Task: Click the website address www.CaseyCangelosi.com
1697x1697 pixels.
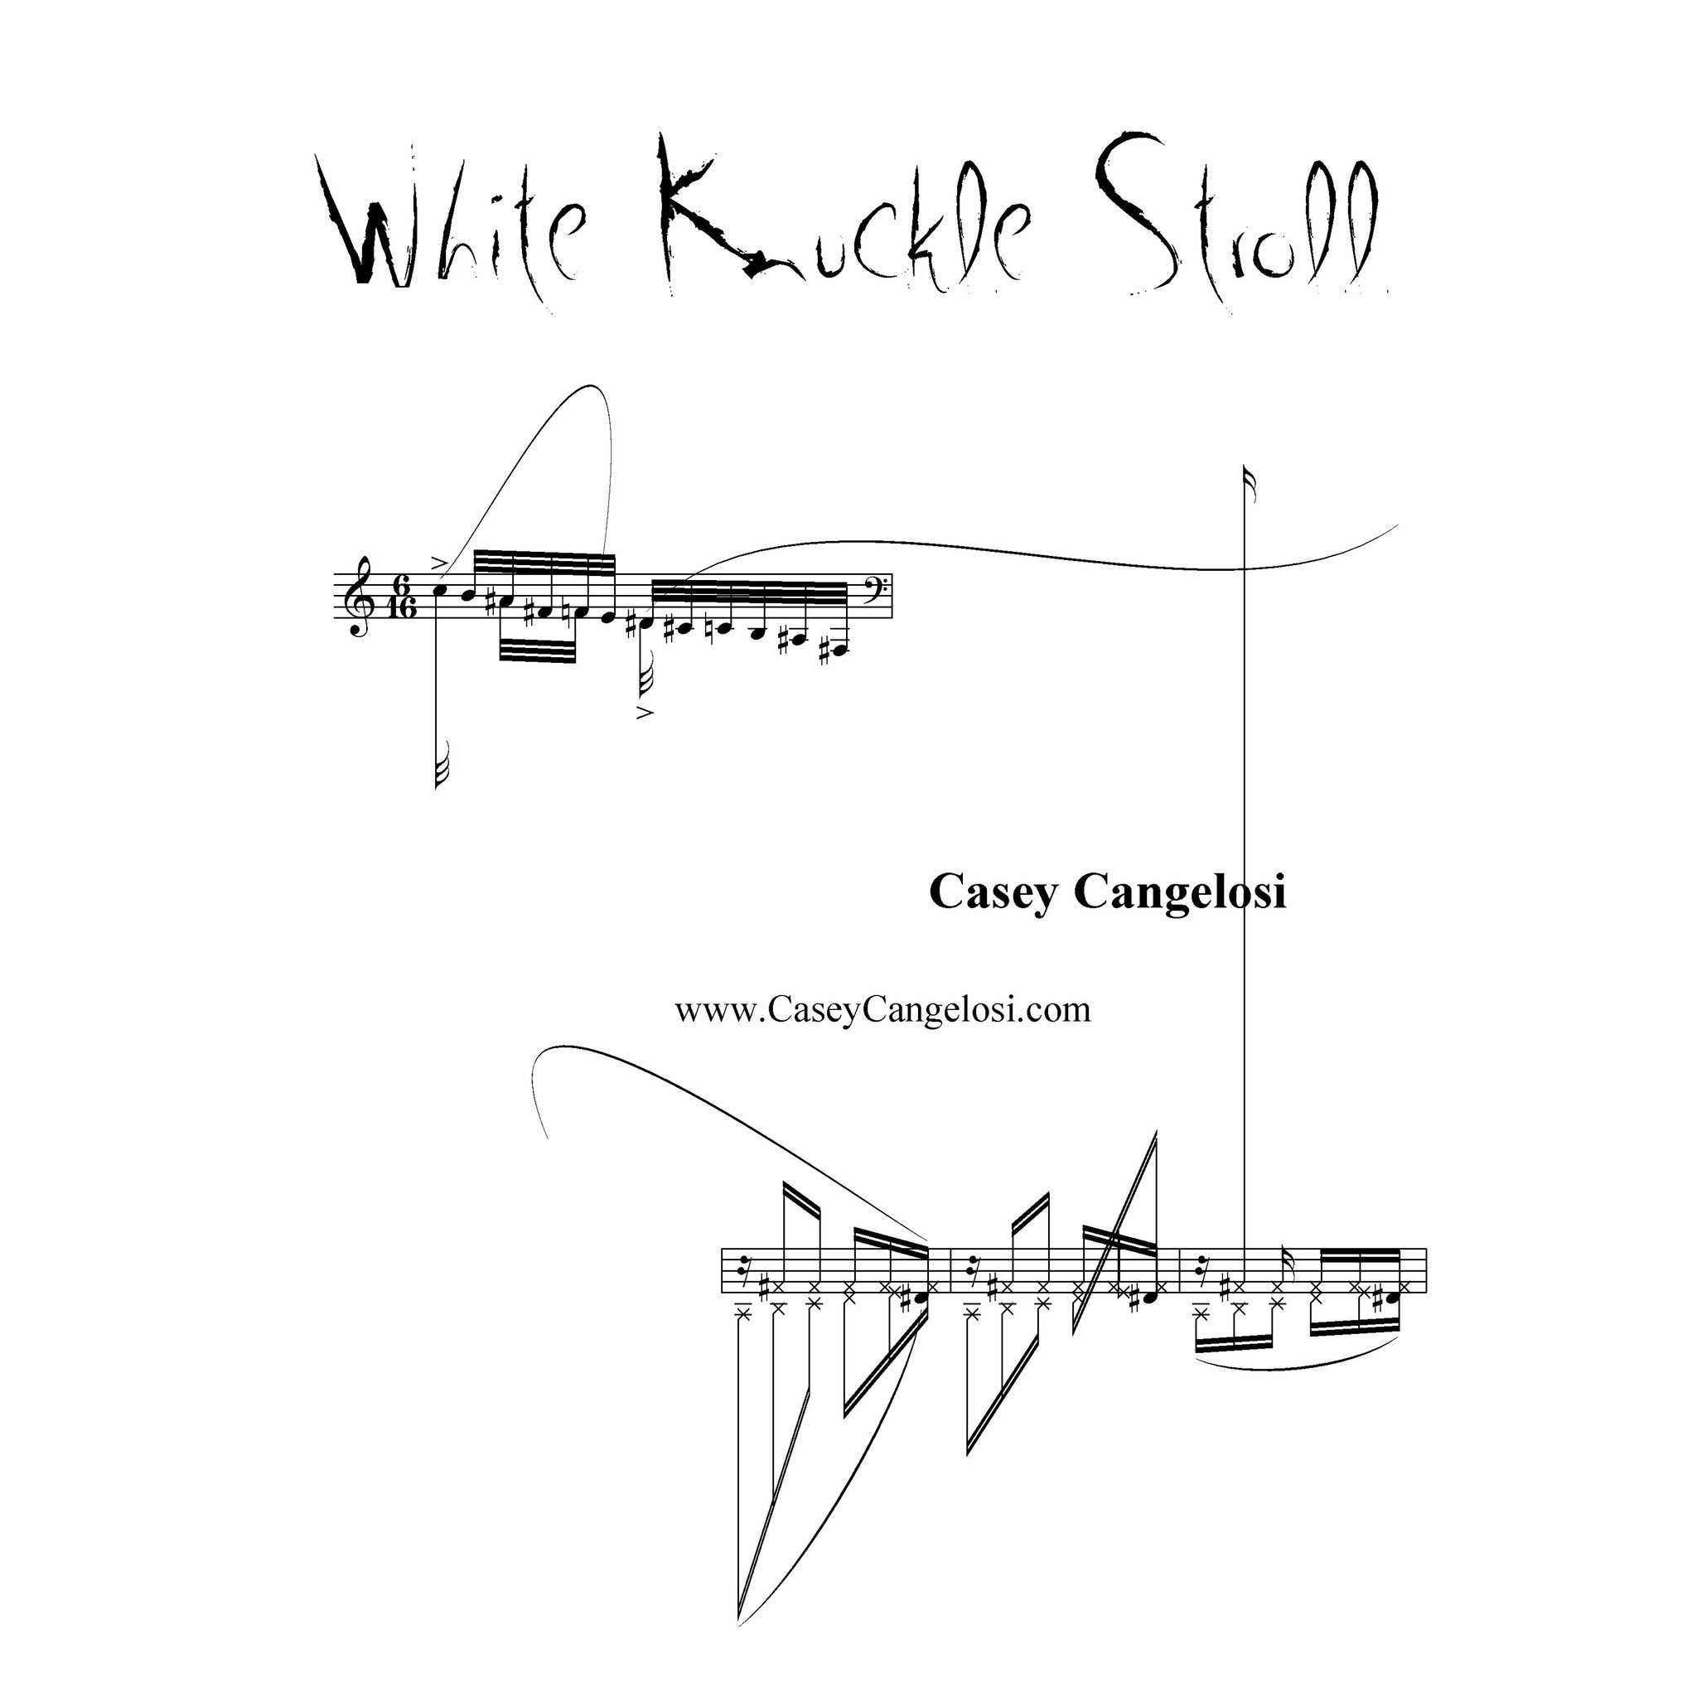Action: tap(882, 1009)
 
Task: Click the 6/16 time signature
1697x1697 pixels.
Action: tap(402, 597)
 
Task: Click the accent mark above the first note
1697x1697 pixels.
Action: tap(439, 563)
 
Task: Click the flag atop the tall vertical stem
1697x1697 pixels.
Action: tap(1250, 485)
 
